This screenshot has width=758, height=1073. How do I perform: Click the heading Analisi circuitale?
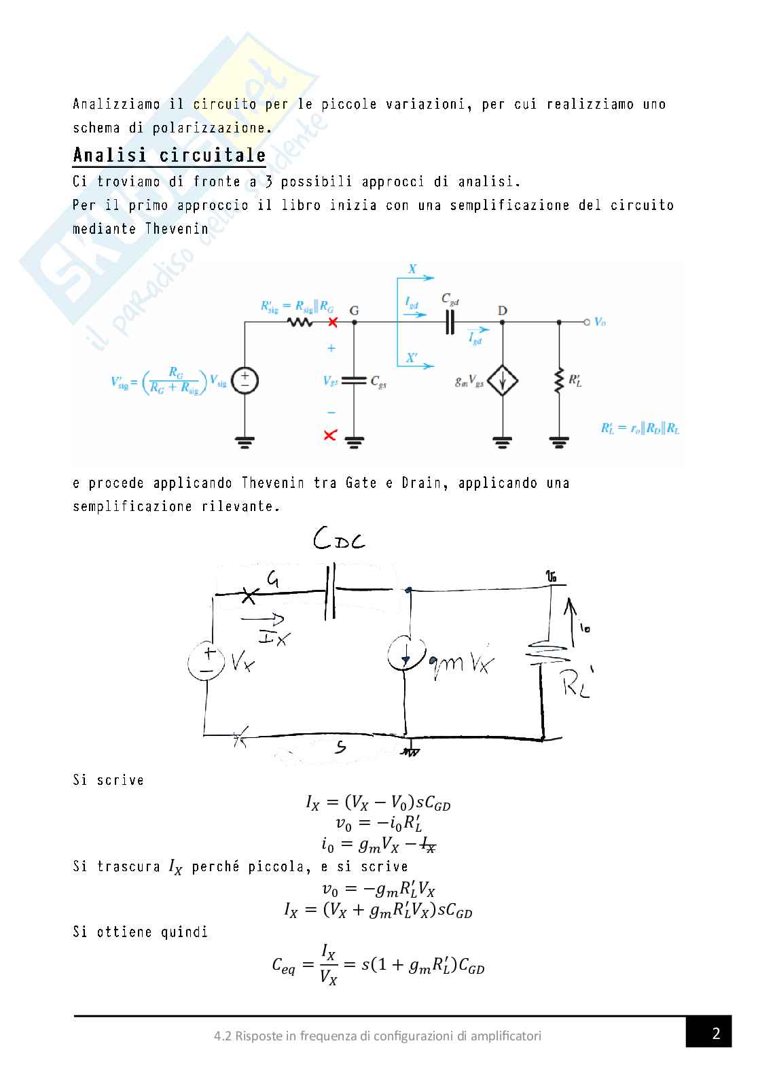point(169,155)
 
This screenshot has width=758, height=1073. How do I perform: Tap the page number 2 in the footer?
point(716,1034)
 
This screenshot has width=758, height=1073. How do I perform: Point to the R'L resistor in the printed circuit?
point(558,381)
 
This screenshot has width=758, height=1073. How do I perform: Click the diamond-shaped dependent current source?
point(503,382)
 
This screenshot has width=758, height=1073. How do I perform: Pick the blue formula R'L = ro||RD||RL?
point(640,429)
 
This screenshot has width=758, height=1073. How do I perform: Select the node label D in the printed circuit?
point(502,311)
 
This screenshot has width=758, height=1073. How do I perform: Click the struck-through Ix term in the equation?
point(428,845)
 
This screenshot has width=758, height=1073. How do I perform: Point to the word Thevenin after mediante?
point(177,228)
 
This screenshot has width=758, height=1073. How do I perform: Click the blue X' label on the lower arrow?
point(412,357)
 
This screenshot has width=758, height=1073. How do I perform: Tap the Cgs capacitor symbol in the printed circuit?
point(354,381)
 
